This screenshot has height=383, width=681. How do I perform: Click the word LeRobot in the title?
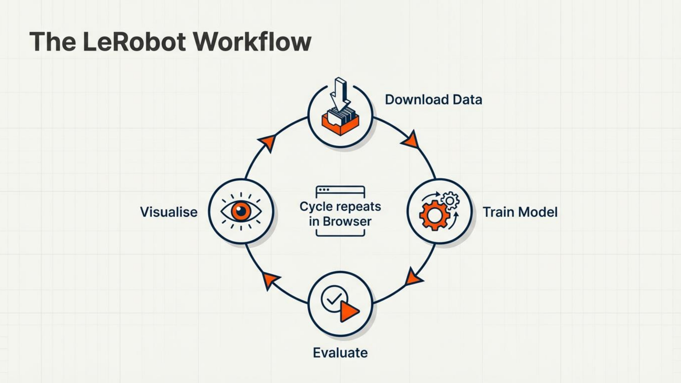pyautogui.click(x=134, y=42)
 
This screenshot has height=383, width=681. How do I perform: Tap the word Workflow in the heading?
pyautogui.click(x=252, y=42)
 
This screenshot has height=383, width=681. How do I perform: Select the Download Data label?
pyautogui.click(x=433, y=100)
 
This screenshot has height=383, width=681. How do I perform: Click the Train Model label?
pyautogui.click(x=520, y=212)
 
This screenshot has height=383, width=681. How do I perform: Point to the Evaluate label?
pyautogui.click(x=340, y=353)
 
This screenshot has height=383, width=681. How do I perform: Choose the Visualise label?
pyautogui.click(x=169, y=212)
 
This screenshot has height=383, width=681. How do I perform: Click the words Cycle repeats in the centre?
pyautogui.click(x=340, y=206)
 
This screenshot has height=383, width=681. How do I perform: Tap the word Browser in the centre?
pyautogui.click(x=347, y=221)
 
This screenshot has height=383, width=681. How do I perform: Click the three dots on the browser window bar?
pyautogui.click(x=324, y=190)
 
